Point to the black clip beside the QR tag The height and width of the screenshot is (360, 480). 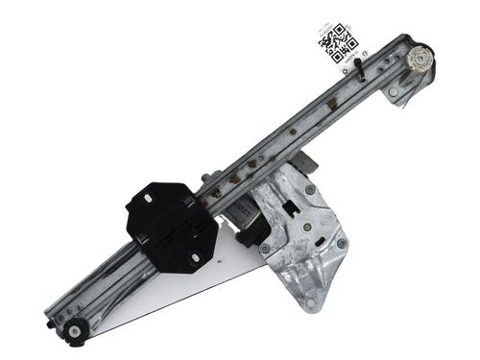tap(357, 68)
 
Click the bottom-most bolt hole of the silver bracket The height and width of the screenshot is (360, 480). tap(310, 303)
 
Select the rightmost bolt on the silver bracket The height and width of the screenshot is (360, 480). tap(342, 244)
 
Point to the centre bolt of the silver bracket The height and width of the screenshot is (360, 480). tap(307, 228)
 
